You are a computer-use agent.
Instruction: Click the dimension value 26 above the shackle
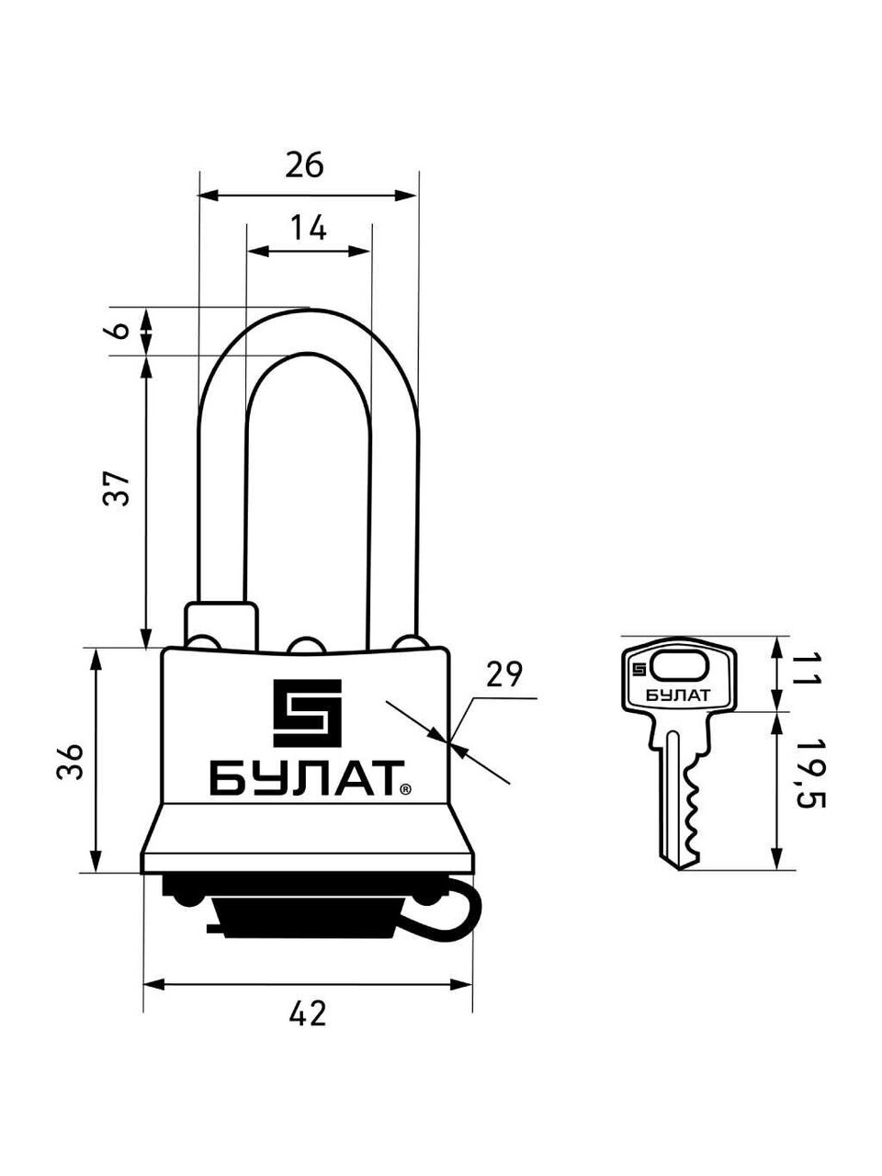[x=304, y=165]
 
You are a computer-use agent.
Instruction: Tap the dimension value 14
[x=309, y=228]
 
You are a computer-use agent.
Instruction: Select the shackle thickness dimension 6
[x=121, y=330]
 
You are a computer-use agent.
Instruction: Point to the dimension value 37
[x=117, y=488]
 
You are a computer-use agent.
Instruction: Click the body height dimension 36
[x=70, y=762]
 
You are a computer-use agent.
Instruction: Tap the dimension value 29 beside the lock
[x=503, y=674]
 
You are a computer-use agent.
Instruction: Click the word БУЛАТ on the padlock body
[x=307, y=778]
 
